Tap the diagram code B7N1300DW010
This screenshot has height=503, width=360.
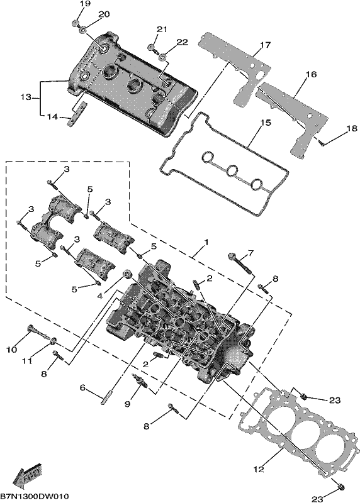[35, 497]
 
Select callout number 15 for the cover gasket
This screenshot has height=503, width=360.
[265, 123]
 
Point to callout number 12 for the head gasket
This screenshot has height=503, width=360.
[259, 469]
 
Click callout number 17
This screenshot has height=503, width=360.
[265, 45]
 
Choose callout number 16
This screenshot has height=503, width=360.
[311, 74]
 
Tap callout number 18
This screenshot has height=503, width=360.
[351, 129]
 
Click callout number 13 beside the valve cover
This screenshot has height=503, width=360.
[25, 97]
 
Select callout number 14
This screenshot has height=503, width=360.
[52, 117]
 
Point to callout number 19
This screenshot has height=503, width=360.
[85, 4]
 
